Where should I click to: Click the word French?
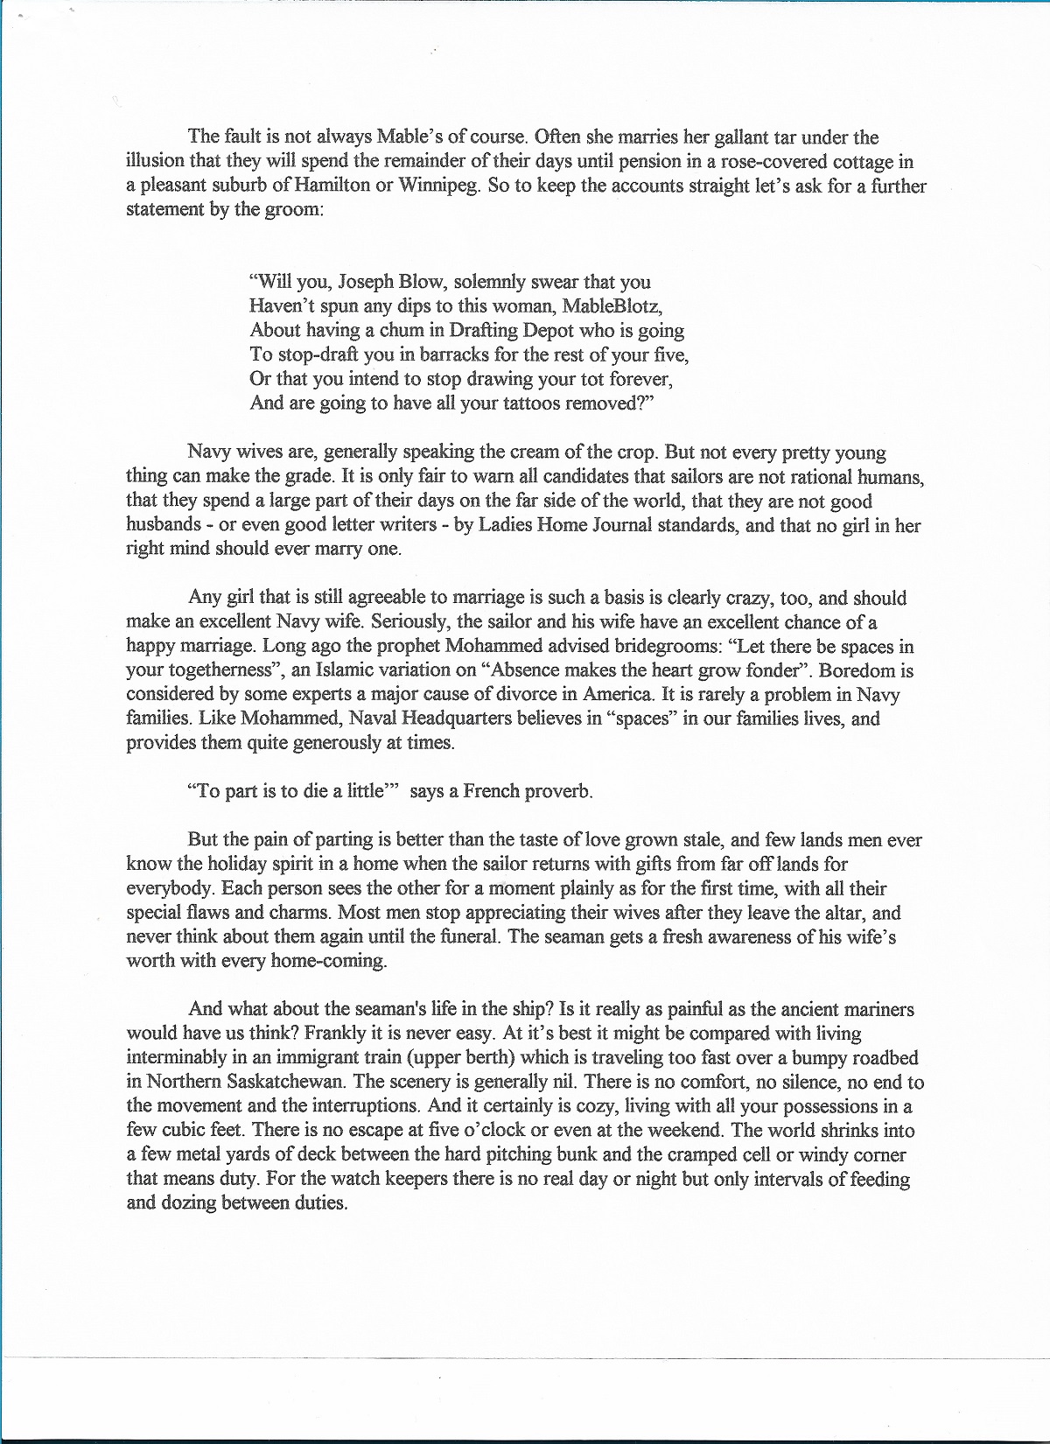[491, 791]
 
